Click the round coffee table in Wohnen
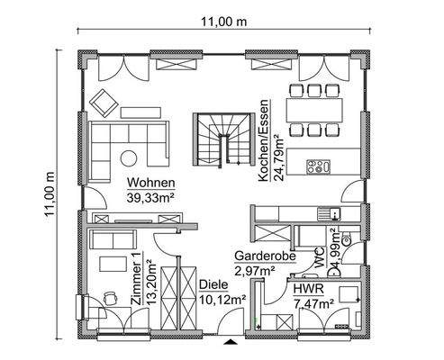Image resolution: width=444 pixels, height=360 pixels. (x=131, y=159)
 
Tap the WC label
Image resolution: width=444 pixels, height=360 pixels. (x=320, y=259)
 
